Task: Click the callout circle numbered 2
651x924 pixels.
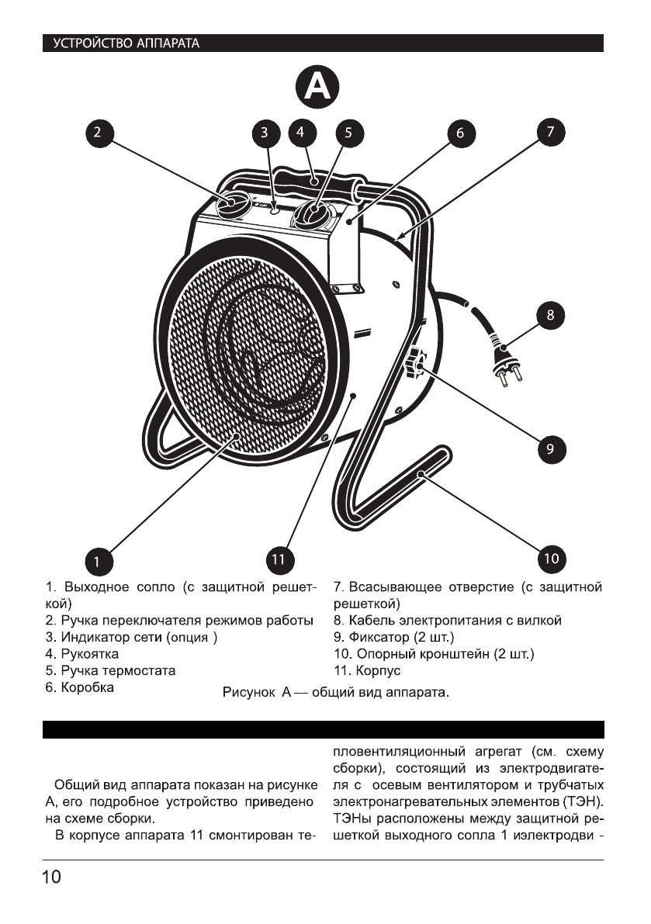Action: coord(97,133)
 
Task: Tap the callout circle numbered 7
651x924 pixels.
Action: coord(550,133)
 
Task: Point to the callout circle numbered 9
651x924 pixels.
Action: coord(550,449)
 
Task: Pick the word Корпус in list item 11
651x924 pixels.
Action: coord(379,670)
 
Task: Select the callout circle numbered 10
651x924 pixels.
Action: coord(550,559)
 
